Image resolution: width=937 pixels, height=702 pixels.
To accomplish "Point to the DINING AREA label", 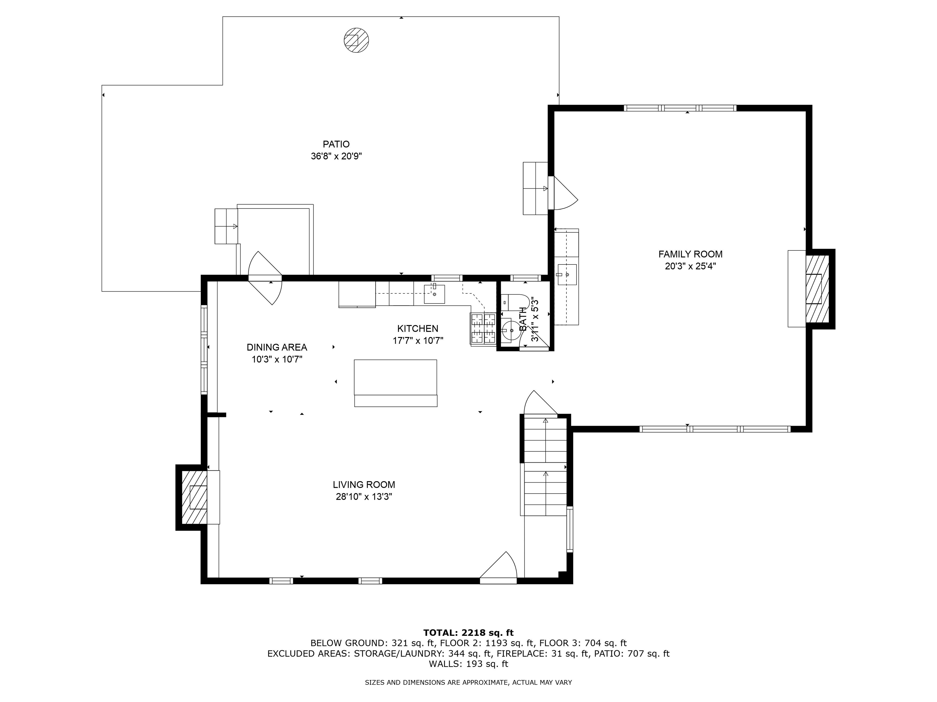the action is pyautogui.click(x=277, y=347).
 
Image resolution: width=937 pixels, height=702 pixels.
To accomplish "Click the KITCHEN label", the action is pyautogui.click(x=417, y=328).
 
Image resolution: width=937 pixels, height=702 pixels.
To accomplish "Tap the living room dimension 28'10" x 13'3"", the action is pyautogui.click(x=364, y=497).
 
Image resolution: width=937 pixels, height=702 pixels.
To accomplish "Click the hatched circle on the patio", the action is pyautogui.click(x=356, y=40).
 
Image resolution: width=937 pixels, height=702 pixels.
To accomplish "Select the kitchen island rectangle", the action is pyautogui.click(x=395, y=383).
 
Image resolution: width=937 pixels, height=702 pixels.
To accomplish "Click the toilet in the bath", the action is pyautogui.click(x=514, y=303).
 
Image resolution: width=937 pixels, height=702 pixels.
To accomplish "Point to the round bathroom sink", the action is pyautogui.click(x=510, y=330).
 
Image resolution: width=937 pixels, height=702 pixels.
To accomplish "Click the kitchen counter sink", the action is pyautogui.click(x=434, y=294).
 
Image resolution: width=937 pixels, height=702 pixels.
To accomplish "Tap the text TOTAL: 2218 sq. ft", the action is pyautogui.click(x=468, y=633).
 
